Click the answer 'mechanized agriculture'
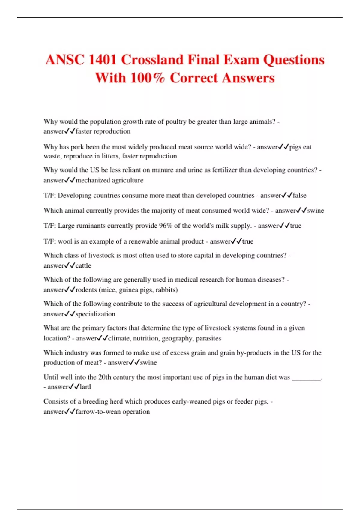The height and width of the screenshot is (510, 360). [x=109, y=180]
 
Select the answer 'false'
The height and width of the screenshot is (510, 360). [x=299, y=195]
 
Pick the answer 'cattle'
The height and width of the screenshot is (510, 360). [x=83, y=265]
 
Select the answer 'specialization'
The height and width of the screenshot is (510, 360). [x=95, y=314]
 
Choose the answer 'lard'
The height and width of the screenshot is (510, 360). [x=85, y=387]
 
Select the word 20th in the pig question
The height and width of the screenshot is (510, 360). [x=104, y=377]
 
